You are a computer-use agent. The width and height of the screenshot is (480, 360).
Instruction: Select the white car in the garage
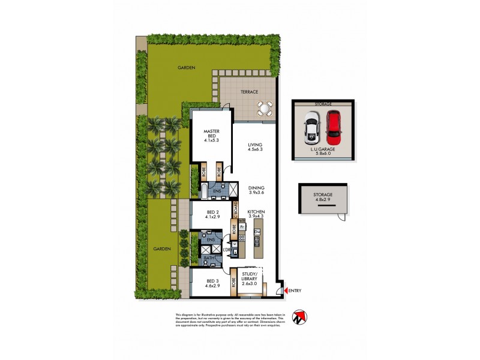coord(313,128)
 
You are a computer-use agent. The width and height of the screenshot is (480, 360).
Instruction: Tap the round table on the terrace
coord(264,109)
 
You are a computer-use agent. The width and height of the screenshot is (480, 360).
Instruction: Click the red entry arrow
coord(284,291)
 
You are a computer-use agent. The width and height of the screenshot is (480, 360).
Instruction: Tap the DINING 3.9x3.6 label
coord(256,191)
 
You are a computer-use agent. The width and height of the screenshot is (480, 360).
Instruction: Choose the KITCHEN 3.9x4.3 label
coord(256,215)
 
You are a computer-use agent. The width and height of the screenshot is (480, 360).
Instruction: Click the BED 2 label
coord(211,215)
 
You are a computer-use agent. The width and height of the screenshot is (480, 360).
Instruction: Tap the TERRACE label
coord(249,92)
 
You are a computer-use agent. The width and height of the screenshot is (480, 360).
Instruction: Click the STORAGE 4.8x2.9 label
coord(322,198)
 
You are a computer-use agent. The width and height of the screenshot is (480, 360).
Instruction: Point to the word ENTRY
coord(295,291)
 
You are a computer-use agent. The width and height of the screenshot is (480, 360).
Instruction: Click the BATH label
coord(208,259)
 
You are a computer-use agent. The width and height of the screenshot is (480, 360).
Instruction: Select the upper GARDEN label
coord(186,68)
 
